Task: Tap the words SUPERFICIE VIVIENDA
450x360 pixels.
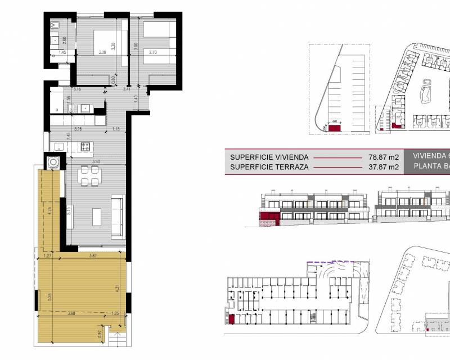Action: point(265,157)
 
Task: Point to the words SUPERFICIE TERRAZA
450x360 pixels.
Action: point(263,166)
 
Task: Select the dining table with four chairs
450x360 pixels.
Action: point(89,176)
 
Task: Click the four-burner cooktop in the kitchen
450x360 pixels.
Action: point(86,147)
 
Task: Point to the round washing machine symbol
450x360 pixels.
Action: point(53,163)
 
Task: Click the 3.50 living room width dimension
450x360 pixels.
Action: point(96,162)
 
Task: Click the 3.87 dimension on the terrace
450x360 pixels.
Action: point(94,256)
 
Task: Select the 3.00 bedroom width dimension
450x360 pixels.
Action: point(102,52)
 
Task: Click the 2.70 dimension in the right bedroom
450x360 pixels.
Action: point(152,52)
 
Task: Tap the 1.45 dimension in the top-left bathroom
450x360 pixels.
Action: point(62,52)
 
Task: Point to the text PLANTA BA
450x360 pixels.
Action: point(430,166)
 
